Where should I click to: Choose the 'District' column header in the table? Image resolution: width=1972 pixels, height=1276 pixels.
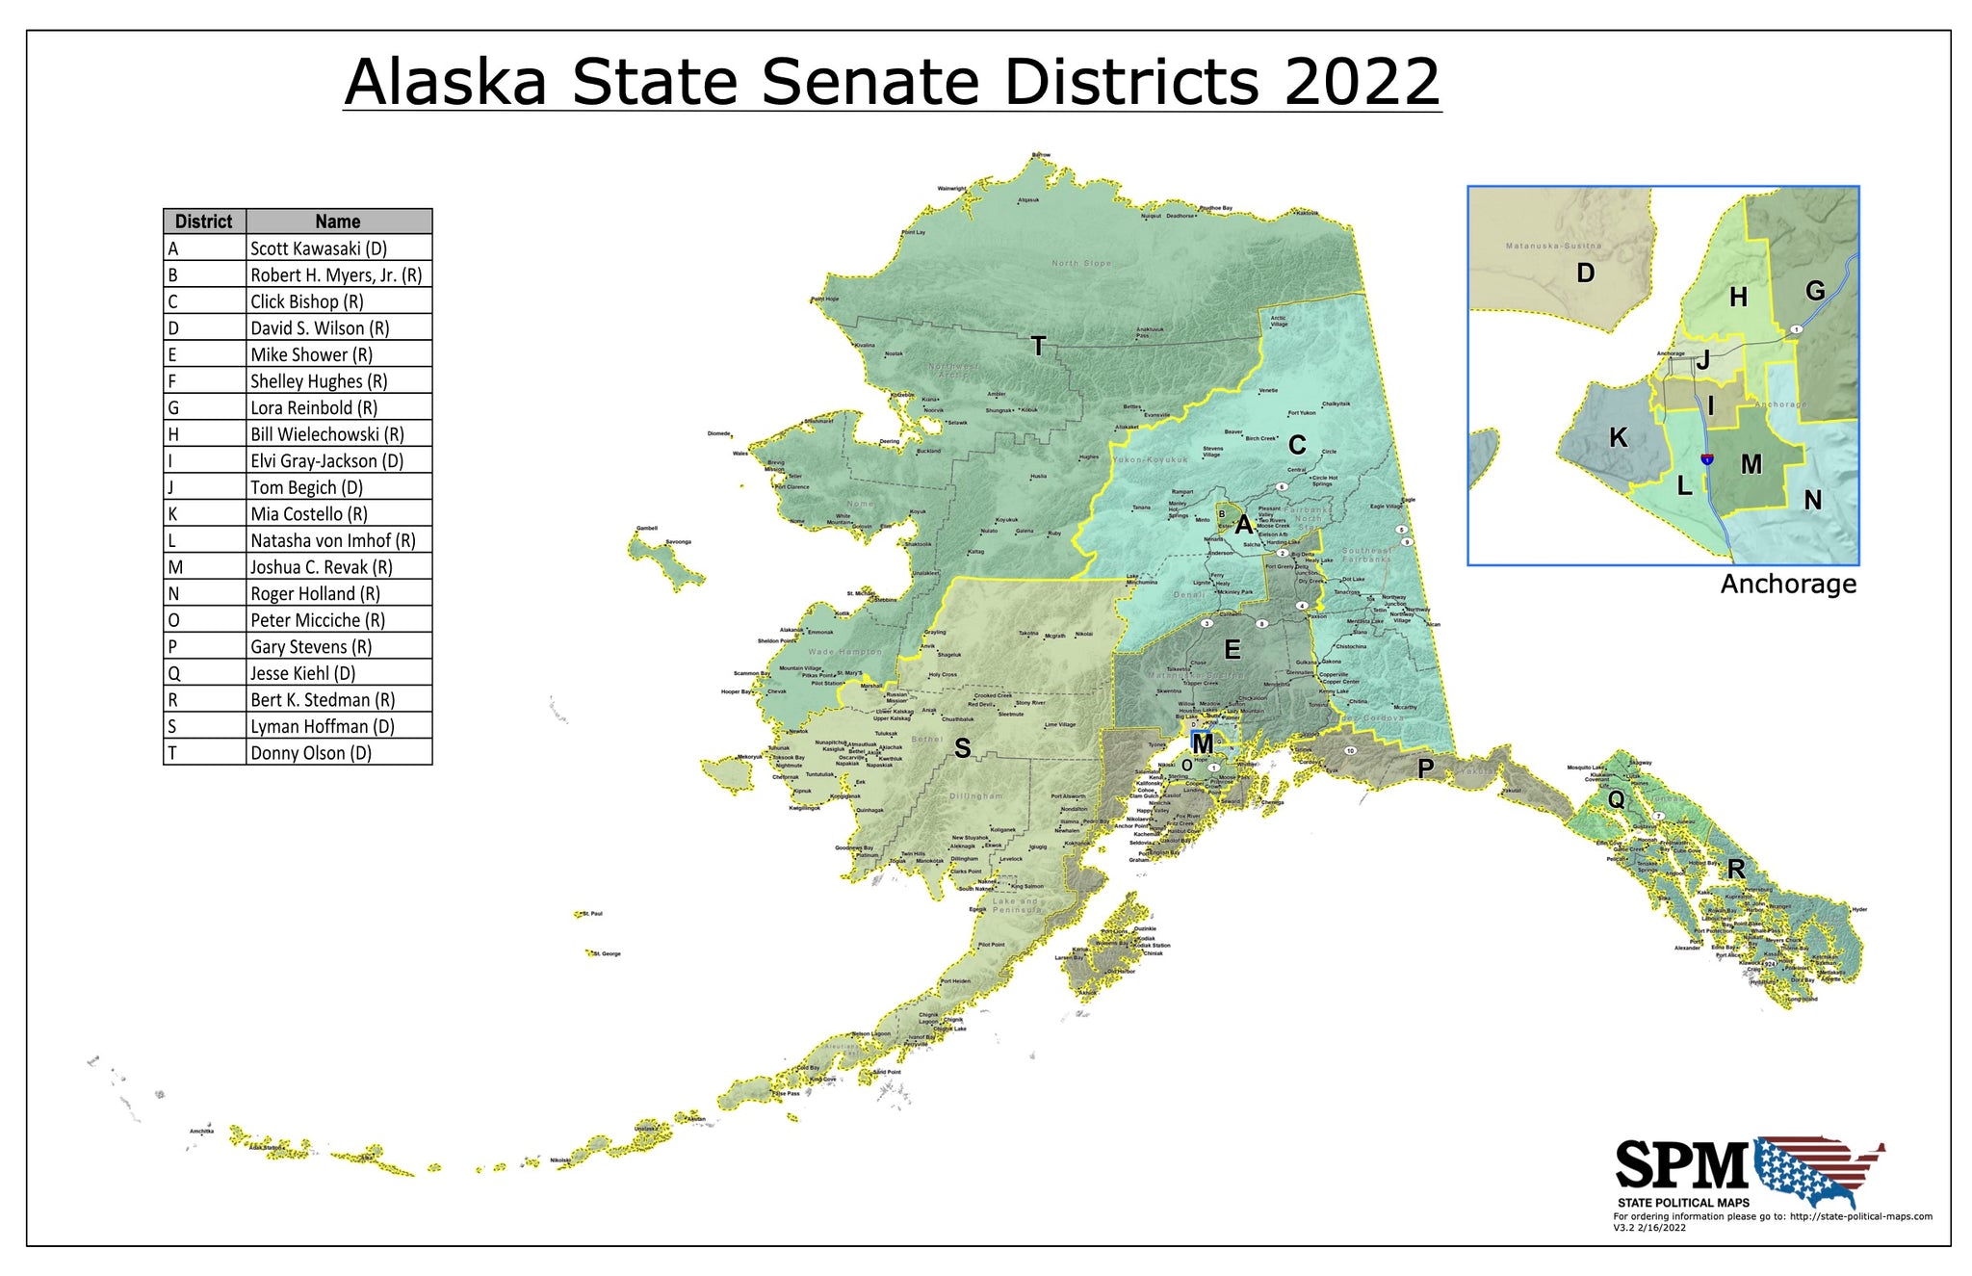204,221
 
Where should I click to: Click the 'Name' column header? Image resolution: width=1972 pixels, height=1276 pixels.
338,221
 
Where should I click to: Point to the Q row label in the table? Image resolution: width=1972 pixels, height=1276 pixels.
174,674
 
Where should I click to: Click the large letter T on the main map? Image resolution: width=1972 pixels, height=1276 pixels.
1038,347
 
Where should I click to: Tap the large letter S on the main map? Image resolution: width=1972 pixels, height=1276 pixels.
962,748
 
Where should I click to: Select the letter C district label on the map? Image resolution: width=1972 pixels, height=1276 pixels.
1297,445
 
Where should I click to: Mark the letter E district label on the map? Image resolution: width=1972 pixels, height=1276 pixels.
1232,650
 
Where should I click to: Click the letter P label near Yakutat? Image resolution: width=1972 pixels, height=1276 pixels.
1425,768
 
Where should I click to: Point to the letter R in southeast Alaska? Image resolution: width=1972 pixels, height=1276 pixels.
1736,870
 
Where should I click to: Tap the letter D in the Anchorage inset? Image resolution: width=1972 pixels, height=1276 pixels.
1585,273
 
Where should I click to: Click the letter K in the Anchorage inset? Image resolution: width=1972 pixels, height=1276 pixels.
1619,438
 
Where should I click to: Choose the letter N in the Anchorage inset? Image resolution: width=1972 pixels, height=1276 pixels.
1812,500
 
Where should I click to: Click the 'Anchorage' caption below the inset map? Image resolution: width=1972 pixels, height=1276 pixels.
1788,585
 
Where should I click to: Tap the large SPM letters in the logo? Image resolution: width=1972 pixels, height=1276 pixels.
1680,1166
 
